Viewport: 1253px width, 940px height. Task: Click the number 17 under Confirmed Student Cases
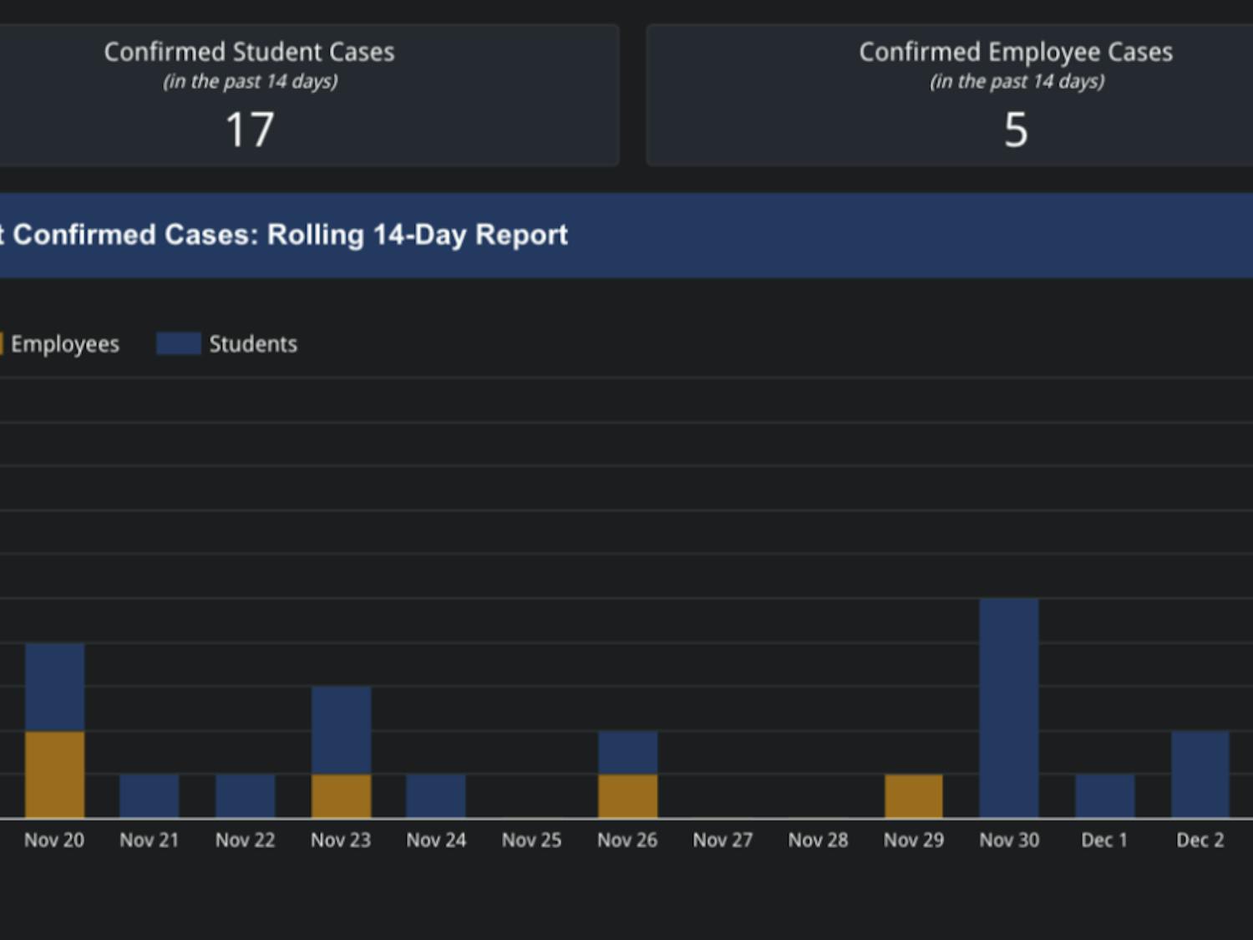coord(250,130)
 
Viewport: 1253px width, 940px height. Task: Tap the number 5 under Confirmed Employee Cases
coord(1016,130)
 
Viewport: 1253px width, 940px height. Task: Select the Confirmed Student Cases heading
coord(249,52)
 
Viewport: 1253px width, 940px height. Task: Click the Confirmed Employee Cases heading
coord(1016,52)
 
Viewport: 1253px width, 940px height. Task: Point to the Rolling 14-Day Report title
coord(289,235)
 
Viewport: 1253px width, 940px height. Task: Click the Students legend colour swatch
coord(178,343)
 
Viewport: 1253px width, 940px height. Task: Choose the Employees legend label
coord(64,344)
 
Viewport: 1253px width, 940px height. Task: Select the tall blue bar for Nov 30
coord(1009,707)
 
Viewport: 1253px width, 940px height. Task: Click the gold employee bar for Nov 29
coord(914,795)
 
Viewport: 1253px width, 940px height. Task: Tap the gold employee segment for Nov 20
coord(54,774)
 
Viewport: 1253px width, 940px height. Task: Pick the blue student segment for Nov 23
coord(341,729)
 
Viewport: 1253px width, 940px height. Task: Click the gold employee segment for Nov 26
coord(627,795)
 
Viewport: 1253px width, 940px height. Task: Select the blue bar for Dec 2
coord(1200,774)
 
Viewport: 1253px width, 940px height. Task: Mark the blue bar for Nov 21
coord(150,795)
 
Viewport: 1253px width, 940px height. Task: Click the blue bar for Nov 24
coord(436,795)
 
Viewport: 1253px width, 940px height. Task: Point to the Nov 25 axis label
coord(531,841)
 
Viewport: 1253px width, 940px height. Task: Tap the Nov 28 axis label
coord(818,841)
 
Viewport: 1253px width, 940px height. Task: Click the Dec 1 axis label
coord(1104,841)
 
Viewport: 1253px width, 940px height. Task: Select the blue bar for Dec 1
coord(1104,795)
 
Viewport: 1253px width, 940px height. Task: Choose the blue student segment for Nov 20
coord(54,687)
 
